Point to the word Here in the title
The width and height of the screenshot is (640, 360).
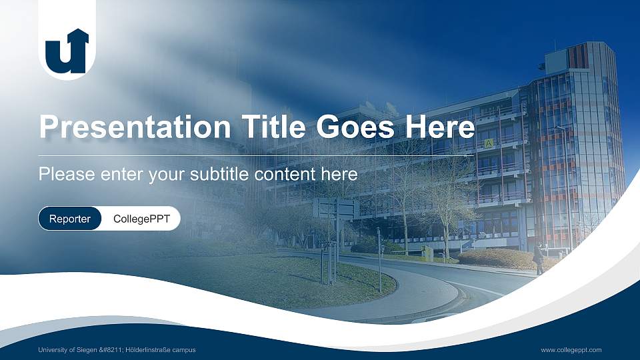click(443, 127)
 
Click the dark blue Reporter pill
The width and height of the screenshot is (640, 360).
click(70, 219)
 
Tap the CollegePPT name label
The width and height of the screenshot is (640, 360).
click(141, 219)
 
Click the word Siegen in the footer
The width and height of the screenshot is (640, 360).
click(100, 350)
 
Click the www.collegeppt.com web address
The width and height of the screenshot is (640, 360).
click(571, 350)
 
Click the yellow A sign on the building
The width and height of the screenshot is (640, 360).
click(489, 143)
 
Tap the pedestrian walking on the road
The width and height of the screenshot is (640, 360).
click(538, 259)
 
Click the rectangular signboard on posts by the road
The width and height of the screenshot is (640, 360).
click(336, 208)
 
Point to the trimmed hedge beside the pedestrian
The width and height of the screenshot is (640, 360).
click(497, 259)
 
